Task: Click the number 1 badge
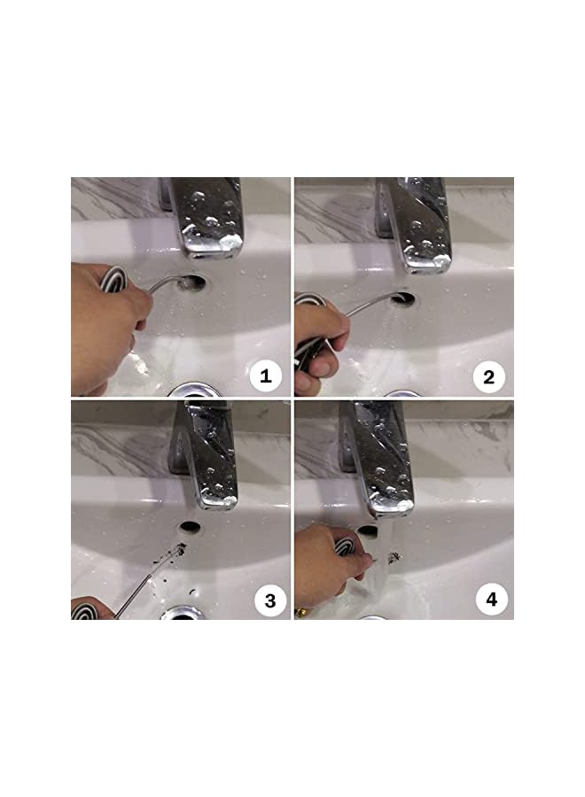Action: click(263, 377)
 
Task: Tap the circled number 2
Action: click(487, 377)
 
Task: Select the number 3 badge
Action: click(269, 601)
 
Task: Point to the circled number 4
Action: click(491, 600)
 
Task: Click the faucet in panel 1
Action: click(207, 218)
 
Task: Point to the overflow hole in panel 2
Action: click(403, 298)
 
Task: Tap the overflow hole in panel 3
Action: click(189, 527)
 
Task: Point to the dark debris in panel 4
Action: click(393, 557)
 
